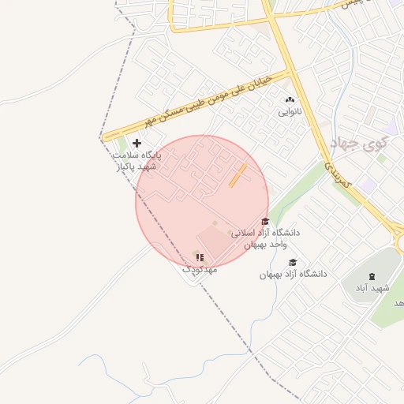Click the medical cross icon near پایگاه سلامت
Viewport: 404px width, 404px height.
(x=137, y=143)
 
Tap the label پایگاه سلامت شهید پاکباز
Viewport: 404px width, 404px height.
(x=137, y=162)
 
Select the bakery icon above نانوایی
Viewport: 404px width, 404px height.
(x=289, y=100)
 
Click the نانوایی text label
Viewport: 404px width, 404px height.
(x=289, y=113)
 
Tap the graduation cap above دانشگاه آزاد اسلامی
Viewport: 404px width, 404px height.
(x=265, y=222)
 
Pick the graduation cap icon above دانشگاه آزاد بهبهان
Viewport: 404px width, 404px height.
(x=293, y=263)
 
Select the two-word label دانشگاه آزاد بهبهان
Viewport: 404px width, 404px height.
(x=293, y=275)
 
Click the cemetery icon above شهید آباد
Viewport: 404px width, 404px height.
(x=372, y=275)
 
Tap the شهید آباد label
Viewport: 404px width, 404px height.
(x=372, y=288)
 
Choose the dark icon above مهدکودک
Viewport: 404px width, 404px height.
(x=200, y=257)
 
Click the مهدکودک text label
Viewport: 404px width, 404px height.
(x=200, y=269)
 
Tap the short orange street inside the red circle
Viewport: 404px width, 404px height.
(x=238, y=176)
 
